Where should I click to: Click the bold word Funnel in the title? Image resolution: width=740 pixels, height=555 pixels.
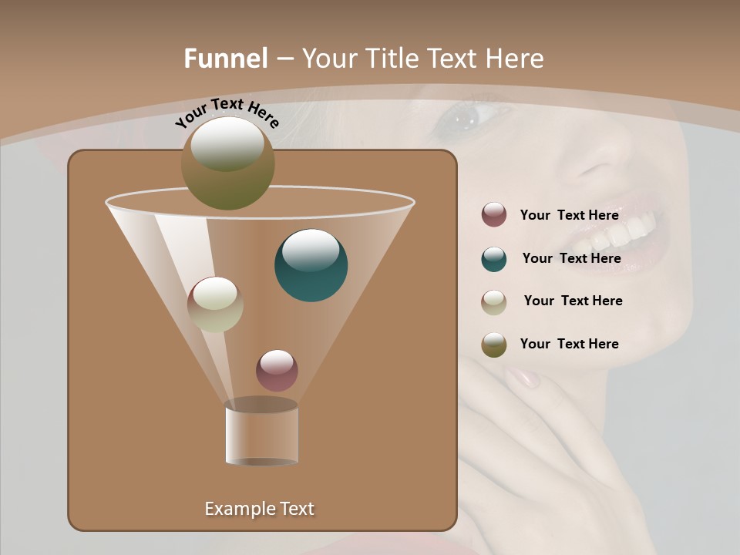point(226,59)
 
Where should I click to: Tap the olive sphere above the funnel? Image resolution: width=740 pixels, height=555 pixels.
point(227,163)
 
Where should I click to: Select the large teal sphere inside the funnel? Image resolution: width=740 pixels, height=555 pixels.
point(311,265)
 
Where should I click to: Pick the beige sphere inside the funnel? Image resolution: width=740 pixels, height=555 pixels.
point(215,304)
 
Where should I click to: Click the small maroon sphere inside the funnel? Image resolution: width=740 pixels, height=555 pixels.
point(277,371)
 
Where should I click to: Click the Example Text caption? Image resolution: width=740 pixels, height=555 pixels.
point(259,509)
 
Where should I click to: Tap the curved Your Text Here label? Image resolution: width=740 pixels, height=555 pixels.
point(227,113)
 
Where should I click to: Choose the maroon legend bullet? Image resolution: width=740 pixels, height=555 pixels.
point(494,215)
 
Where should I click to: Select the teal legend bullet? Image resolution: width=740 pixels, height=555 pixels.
point(494,259)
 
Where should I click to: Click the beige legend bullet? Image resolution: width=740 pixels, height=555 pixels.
point(494,302)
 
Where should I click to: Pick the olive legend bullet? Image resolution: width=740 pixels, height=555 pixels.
point(494,345)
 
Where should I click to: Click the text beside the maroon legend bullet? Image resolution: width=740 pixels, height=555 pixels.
point(569,215)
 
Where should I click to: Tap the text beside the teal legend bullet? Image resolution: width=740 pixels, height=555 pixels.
point(571,258)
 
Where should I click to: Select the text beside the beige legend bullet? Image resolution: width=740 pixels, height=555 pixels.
point(573,301)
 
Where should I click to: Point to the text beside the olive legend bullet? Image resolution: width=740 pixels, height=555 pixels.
point(569,344)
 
